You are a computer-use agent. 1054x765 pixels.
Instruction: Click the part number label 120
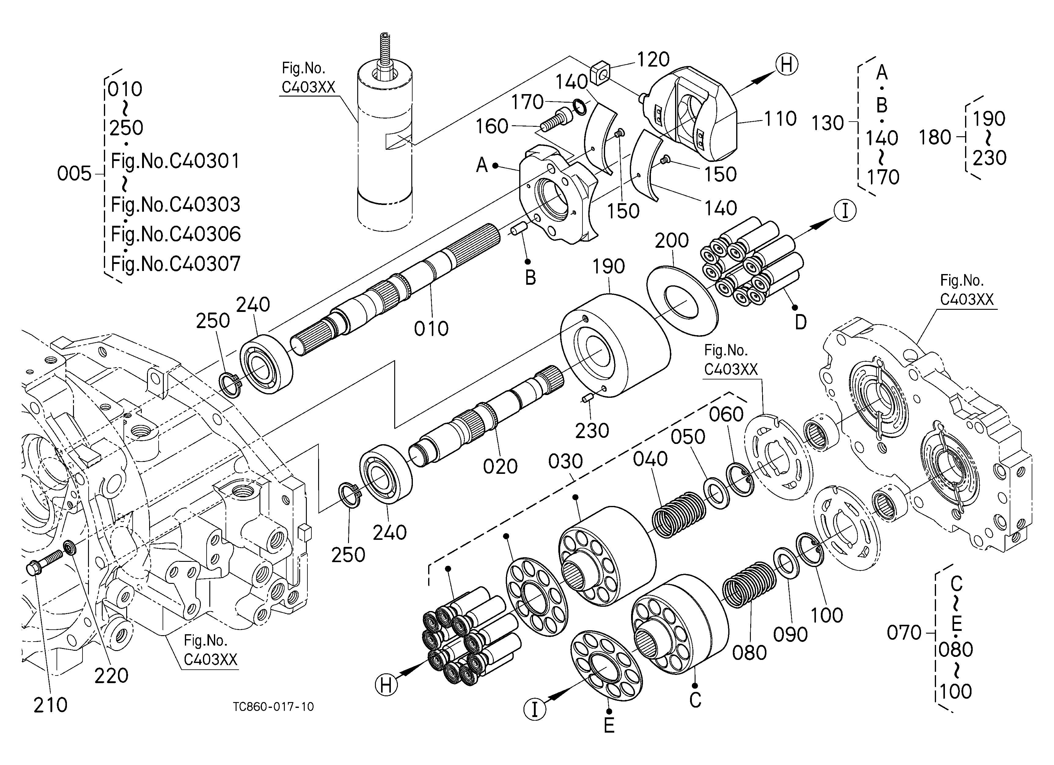click(653, 60)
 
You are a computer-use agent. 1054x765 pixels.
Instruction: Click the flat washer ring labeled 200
click(682, 301)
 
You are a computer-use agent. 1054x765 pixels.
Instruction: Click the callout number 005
click(74, 174)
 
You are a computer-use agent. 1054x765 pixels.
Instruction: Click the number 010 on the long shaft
click(431, 329)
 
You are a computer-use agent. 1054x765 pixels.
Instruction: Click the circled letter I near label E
click(534, 709)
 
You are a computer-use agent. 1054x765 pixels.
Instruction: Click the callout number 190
click(608, 267)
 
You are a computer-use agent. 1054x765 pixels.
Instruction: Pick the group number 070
click(904, 633)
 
